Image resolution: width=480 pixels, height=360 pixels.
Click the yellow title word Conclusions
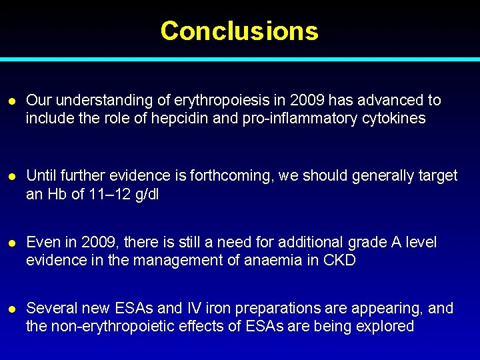pyautogui.click(x=239, y=31)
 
